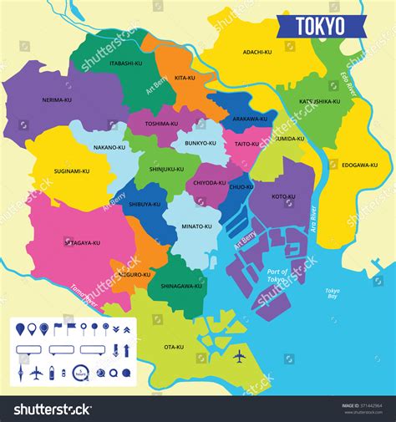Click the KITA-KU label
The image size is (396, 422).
185,78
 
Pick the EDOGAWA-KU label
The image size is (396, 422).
359,165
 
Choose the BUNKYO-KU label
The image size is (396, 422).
201,144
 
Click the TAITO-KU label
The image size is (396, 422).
247,144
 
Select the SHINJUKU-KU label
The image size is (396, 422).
167,169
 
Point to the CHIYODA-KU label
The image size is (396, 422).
210,182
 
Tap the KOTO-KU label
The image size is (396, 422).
284,197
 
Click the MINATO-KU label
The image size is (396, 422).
197,226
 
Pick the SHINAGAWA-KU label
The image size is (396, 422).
181,286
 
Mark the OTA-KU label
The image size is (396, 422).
174,347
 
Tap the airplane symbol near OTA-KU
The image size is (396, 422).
241,357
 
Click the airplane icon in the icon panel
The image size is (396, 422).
36,373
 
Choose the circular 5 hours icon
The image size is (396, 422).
81,373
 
